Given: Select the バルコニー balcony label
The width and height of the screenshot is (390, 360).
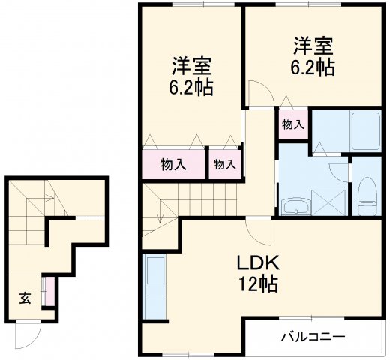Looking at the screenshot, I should [313, 336].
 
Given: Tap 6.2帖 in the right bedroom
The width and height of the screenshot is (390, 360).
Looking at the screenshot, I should [312, 67].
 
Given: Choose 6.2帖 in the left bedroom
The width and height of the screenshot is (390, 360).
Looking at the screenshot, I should [190, 87].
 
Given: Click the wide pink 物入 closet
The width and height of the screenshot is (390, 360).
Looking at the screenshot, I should [174, 164].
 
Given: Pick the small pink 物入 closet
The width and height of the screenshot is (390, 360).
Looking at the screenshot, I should [224, 164].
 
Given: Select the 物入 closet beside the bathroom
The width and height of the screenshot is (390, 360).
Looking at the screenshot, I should [292, 125].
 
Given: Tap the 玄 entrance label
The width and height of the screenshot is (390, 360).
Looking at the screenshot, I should [25, 298].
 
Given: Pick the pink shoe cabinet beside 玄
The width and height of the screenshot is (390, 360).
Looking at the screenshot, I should [49, 292].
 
